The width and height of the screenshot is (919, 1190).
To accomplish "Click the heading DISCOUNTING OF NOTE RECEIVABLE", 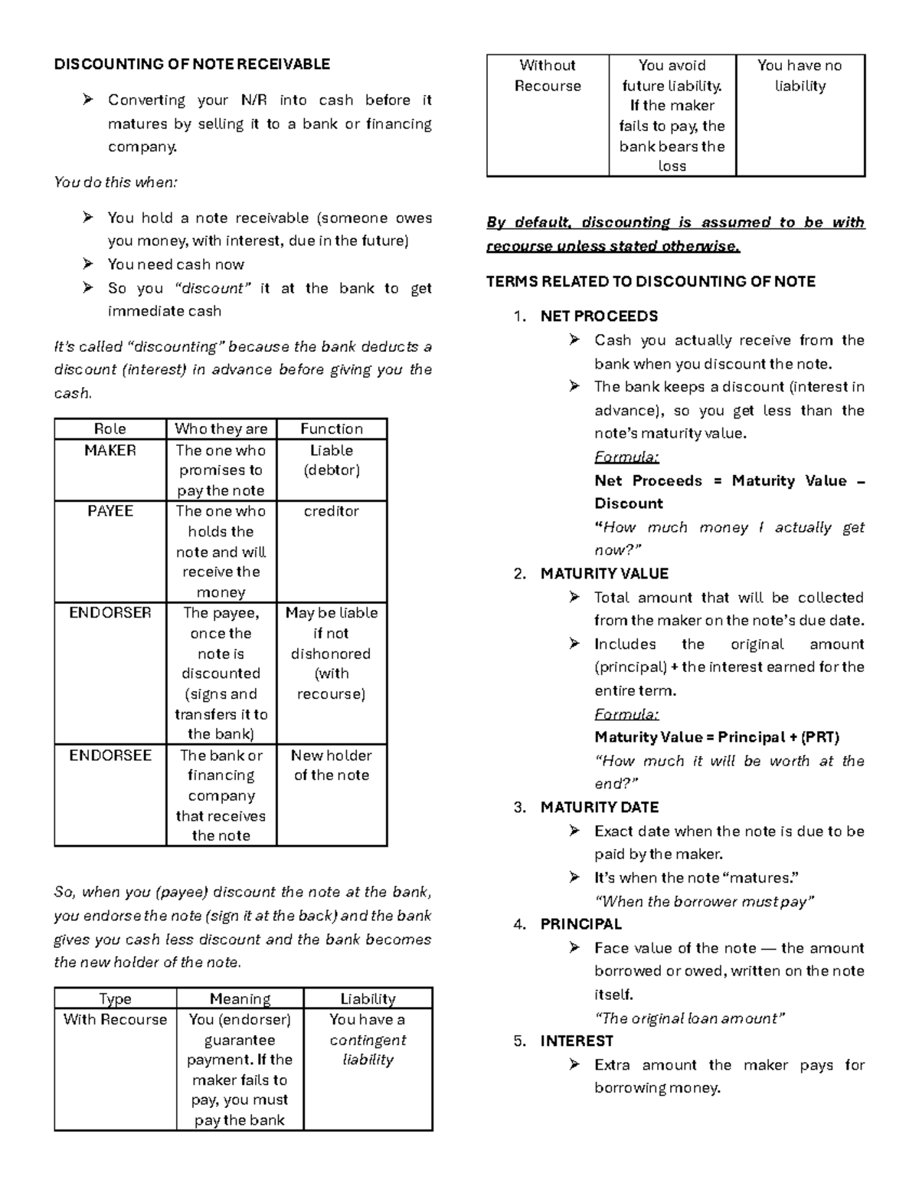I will tap(191, 64).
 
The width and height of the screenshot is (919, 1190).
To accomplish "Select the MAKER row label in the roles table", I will tap(110, 451).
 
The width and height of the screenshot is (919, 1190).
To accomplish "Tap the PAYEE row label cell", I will tap(110, 511).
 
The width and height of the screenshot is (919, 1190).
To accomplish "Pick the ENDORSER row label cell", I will tap(110, 613).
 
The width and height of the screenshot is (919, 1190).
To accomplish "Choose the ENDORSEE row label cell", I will tap(110, 756).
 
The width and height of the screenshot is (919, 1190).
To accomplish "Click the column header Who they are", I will tap(221, 429).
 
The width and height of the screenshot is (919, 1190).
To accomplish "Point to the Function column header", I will tap(331, 429).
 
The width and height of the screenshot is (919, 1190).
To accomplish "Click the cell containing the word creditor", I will tap(331, 511).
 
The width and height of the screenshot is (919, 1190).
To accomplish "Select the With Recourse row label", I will tap(115, 1020).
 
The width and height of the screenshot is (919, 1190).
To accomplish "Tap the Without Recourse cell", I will tap(548, 76).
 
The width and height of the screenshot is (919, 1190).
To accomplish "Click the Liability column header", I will tap(368, 999).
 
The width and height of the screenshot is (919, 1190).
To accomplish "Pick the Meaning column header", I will tap(240, 999).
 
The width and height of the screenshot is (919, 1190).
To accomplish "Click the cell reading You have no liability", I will tap(800, 76).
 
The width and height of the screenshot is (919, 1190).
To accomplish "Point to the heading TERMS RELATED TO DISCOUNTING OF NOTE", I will tap(650, 282).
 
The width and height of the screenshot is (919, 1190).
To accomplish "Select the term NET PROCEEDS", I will tap(599, 316).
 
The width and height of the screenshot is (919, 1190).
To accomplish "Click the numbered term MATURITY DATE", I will tap(599, 808).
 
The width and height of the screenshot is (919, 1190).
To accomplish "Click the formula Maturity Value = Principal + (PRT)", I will tap(717, 738).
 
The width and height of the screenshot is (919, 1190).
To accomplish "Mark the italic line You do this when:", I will tap(116, 182).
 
